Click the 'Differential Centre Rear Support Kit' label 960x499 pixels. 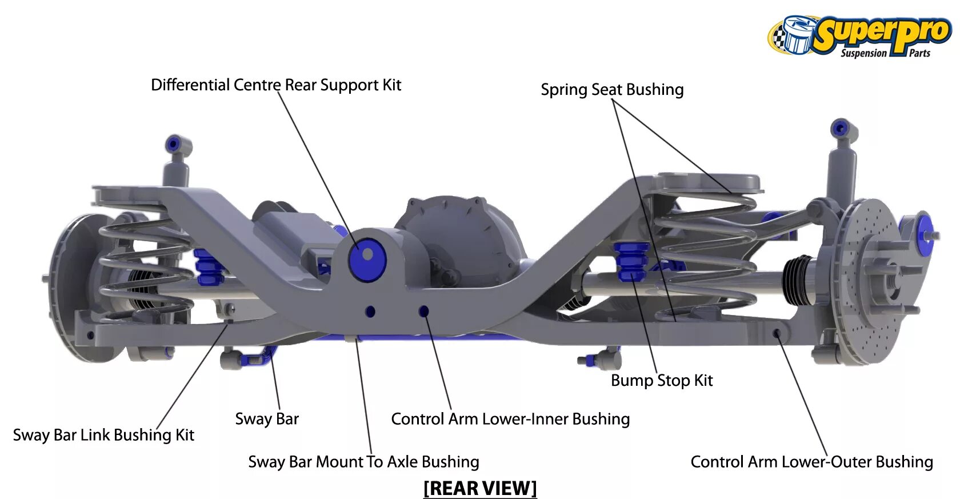[276, 85]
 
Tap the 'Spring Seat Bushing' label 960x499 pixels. [612, 90]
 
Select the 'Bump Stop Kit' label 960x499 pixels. [662, 381]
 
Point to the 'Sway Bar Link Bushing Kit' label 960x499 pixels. [103, 435]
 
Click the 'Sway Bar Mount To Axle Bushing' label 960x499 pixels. [363, 462]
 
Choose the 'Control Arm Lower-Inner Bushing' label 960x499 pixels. [510, 419]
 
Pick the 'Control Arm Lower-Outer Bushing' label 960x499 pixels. [811, 462]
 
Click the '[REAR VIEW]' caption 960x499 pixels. [480, 489]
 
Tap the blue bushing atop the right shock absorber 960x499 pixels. [841, 129]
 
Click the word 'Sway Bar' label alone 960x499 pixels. [267, 419]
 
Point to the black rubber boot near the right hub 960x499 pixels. [798, 280]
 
